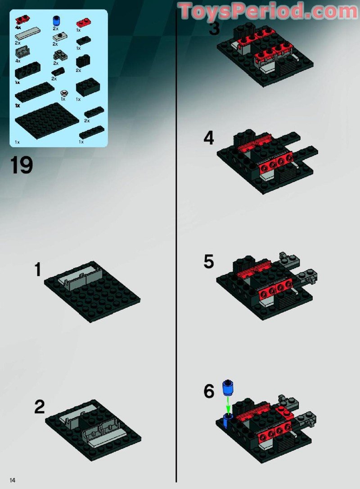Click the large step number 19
coord(21,165)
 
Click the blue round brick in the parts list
coord(57,20)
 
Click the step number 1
coord(38,270)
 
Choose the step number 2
coord(40,407)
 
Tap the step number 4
coord(209,138)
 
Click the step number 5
coord(209,262)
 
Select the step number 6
coord(209,391)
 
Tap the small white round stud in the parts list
coord(65,93)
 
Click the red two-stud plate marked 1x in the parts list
coord(81,22)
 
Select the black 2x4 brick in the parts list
coord(88,86)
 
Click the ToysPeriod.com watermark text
coord(268,11)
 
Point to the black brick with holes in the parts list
coord(27,70)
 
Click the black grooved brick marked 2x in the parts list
coord(82,61)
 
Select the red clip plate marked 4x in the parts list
coord(21,19)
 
